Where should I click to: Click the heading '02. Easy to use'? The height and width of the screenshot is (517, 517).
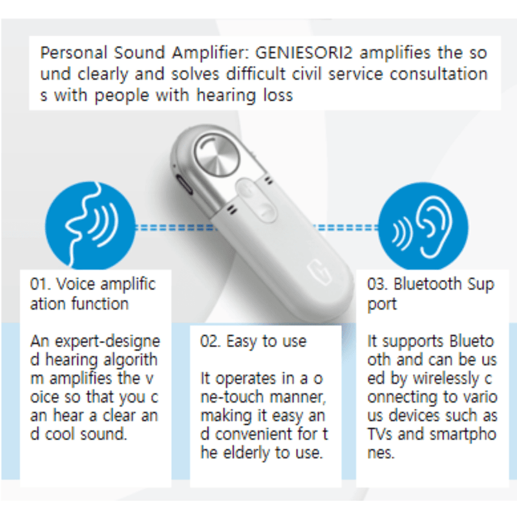[x=253, y=341]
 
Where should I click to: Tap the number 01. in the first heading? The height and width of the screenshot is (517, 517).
[x=41, y=284]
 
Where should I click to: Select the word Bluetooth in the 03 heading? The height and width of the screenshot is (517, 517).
[x=428, y=284]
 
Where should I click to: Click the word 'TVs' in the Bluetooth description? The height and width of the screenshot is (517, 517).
[x=382, y=434]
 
